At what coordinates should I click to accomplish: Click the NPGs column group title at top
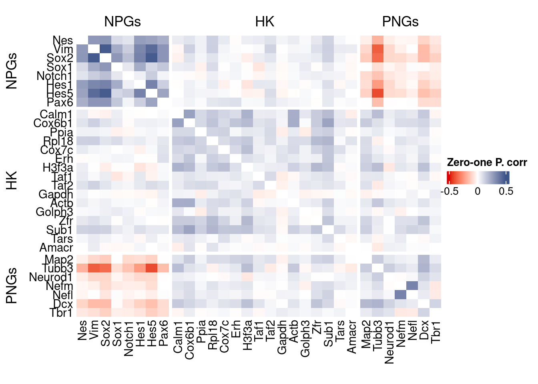122,22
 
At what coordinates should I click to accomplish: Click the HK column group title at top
265,22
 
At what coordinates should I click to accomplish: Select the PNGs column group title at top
400,22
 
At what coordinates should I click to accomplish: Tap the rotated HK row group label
12,180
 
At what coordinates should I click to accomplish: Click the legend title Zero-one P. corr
487,162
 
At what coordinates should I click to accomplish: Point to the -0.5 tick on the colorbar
450,191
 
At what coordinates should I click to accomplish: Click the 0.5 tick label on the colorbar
506,191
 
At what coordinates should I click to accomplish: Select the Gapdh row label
56,194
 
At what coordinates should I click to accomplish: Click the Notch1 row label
54,76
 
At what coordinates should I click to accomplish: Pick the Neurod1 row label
51,277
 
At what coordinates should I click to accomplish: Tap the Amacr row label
56,248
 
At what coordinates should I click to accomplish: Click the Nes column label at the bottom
82,330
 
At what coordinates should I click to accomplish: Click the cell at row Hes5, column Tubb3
377,93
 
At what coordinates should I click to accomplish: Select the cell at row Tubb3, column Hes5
152,268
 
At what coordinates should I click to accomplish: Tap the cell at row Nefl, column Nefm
401,295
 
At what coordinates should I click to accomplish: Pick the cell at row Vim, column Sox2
105,49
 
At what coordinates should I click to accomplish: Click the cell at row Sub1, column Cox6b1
189,230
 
